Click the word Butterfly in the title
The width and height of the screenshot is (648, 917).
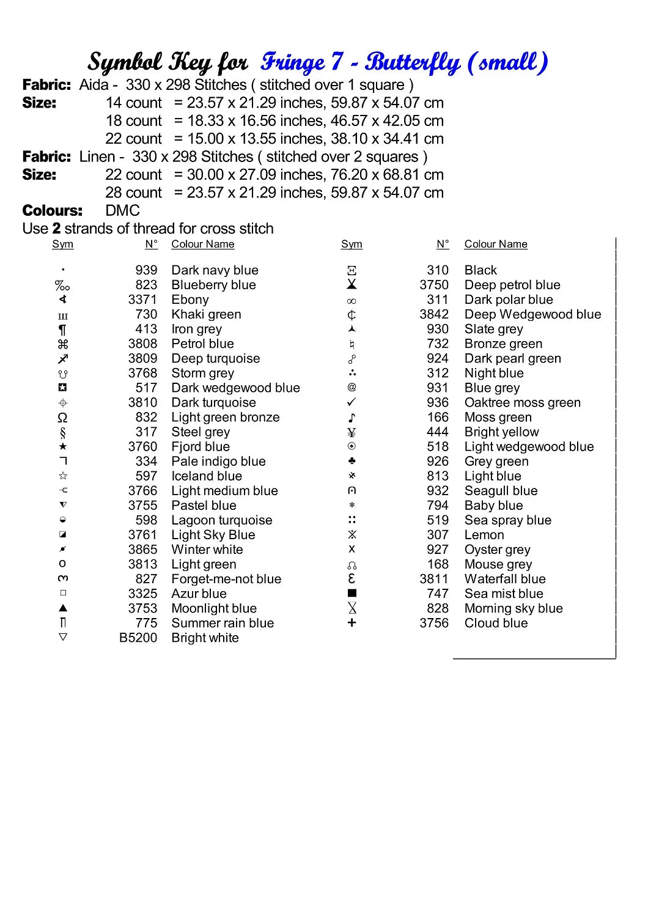413,62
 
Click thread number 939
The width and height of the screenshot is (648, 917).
146,270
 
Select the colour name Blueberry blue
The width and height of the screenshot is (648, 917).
213,285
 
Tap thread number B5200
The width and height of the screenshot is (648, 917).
138,638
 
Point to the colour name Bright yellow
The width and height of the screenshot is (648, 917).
501,432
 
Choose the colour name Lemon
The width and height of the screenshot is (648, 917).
484,535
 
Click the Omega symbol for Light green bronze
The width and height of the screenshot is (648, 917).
62,418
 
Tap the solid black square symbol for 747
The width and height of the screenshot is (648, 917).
352,593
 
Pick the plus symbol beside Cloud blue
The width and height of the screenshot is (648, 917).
352,622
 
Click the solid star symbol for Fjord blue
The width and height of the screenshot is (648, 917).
63,447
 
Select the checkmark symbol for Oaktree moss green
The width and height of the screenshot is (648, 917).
352,402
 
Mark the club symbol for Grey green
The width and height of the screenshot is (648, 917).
352,461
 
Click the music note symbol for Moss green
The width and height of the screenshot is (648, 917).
352,418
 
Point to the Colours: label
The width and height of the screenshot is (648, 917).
52,211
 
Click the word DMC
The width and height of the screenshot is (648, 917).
122,211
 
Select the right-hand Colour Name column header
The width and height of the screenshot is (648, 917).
496,245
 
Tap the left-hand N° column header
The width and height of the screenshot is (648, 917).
151,245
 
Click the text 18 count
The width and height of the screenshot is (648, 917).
134,121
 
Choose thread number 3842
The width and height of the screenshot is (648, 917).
434,314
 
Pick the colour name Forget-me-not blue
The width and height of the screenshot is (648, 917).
226,579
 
